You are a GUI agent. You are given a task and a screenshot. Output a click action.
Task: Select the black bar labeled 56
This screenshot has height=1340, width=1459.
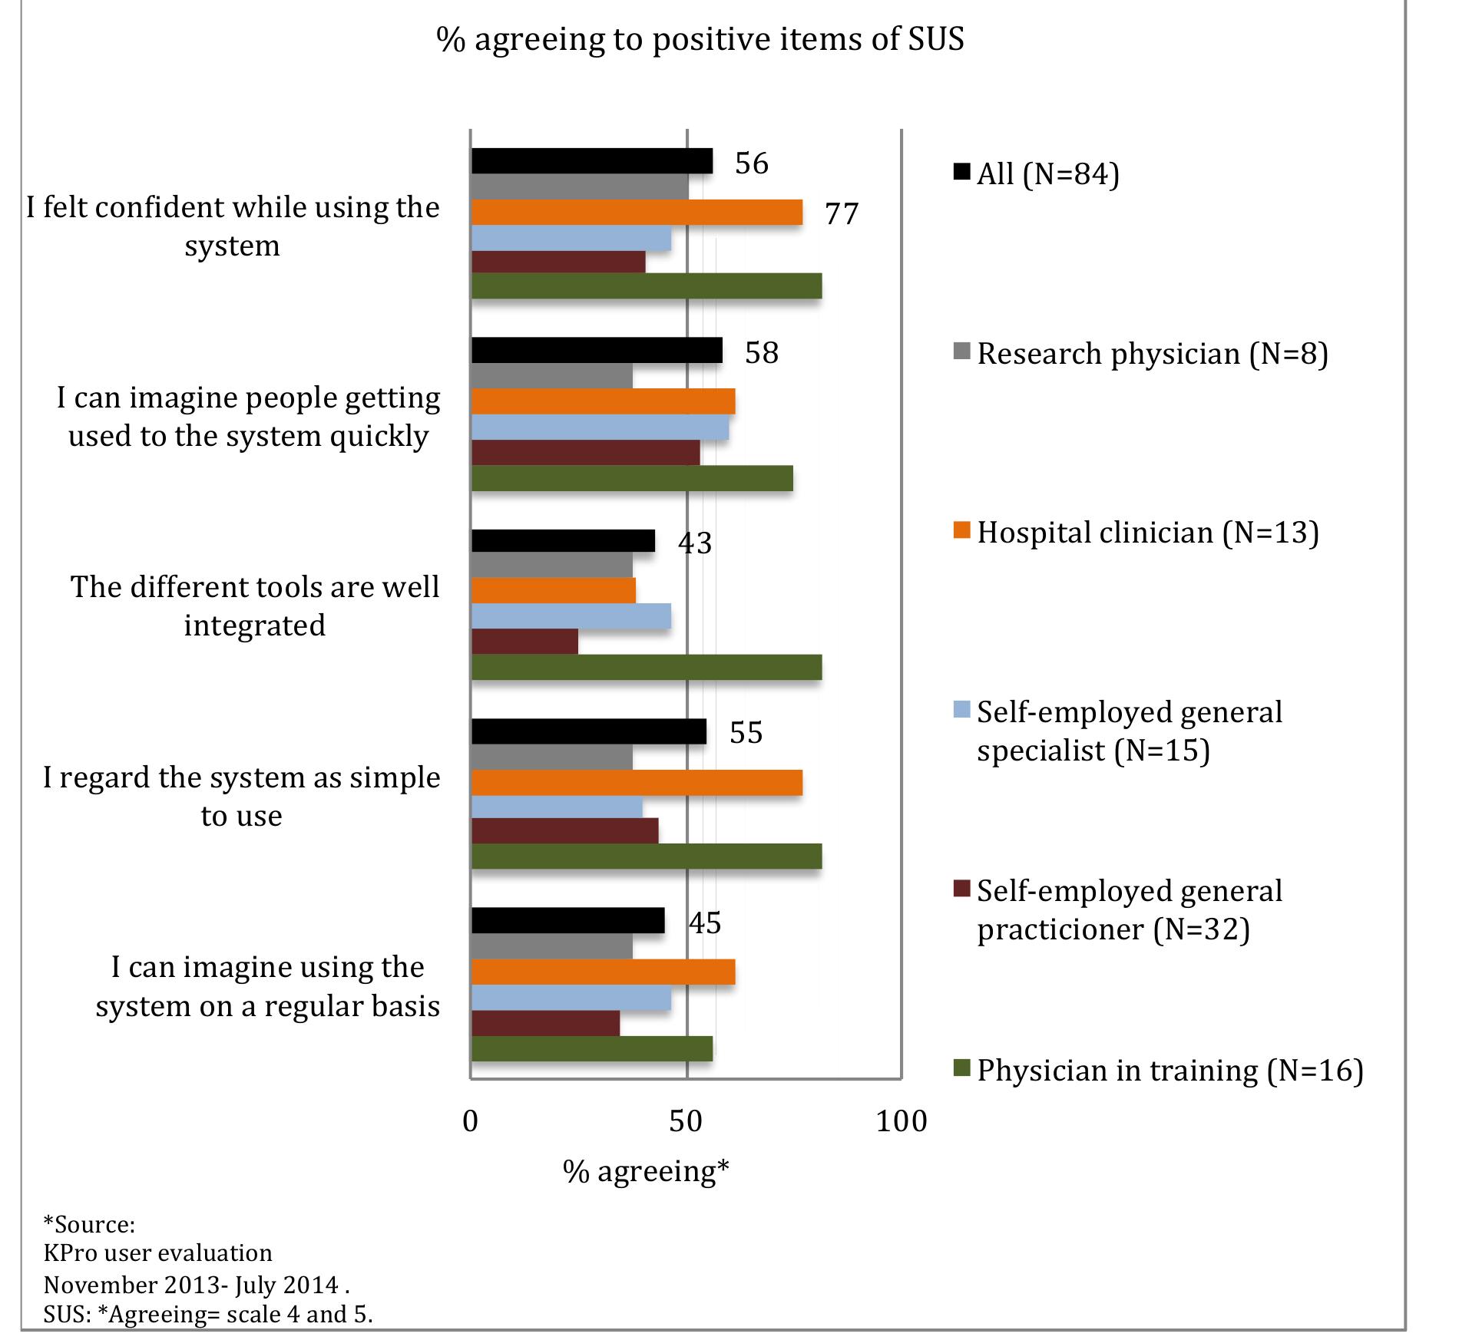pos(591,161)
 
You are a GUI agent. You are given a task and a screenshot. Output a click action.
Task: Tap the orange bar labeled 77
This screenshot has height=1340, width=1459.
pos(637,212)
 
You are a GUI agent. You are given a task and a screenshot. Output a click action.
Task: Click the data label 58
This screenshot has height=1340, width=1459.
pos(762,353)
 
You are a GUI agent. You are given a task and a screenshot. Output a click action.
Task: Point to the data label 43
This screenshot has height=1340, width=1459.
pos(695,543)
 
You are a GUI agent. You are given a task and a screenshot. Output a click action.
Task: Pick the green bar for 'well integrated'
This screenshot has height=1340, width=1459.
pos(646,668)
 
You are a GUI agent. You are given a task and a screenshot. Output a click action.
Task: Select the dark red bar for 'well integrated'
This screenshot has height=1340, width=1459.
pos(524,642)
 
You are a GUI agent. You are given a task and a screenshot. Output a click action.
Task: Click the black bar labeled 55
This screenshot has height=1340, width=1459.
pos(588,731)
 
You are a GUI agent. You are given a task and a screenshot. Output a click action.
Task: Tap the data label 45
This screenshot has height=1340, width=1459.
pos(705,922)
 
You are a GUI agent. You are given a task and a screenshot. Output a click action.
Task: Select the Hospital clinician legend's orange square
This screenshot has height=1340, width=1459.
pos(963,531)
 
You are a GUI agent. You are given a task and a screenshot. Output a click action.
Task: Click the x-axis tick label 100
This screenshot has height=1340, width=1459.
pos(902,1122)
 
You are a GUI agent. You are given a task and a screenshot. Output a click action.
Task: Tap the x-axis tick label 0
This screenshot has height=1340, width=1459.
pos(471,1122)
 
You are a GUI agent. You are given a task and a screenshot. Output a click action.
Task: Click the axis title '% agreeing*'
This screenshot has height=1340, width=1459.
pos(645,1172)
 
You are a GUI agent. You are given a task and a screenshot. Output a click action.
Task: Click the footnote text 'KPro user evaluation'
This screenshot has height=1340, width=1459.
pos(157,1253)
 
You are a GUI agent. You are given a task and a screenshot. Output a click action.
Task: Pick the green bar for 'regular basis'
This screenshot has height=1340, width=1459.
pos(591,1048)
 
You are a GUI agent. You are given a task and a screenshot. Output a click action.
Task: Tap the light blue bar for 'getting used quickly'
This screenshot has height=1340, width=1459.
pos(600,427)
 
